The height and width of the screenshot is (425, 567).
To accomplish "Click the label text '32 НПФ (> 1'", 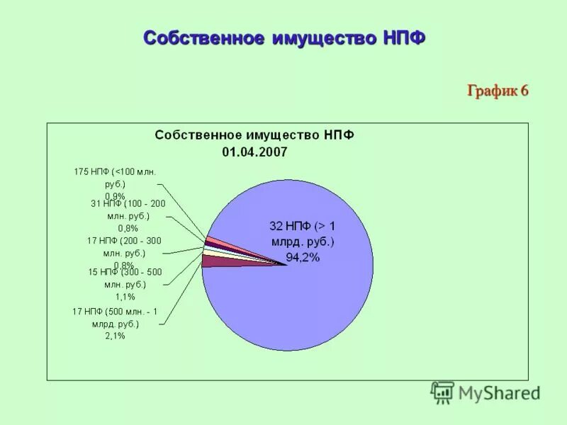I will click(x=303, y=226).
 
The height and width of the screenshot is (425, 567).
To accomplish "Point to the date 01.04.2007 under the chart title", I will click(x=254, y=151).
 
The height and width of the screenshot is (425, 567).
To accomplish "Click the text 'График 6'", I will click(x=498, y=91).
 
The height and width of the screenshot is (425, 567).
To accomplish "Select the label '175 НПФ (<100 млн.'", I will click(x=115, y=171).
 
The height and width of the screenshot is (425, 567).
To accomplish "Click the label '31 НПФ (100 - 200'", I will click(x=128, y=203).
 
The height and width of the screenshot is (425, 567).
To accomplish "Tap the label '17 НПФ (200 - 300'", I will click(x=124, y=241).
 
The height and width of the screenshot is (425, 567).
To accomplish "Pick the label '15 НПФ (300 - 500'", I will click(x=124, y=272).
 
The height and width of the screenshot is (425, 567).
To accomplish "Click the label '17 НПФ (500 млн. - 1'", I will click(x=116, y=311).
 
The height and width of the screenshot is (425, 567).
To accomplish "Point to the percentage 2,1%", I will click(x=115, y=336).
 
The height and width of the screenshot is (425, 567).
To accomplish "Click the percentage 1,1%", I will click(x=125, y=297).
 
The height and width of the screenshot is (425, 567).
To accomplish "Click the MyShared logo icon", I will click(x=442, y=392).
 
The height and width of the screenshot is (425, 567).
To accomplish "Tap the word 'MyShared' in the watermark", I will click(x=498, y=392).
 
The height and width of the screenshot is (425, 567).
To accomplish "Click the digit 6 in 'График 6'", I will click(x=524, y=91).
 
